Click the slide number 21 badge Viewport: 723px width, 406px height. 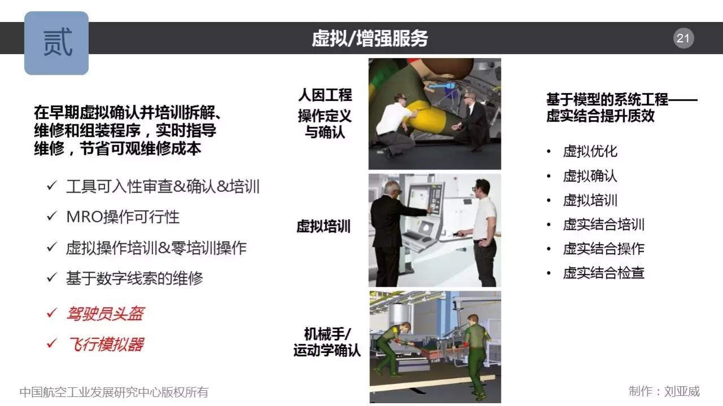(683, 38)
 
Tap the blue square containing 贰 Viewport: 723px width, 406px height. (56, 43)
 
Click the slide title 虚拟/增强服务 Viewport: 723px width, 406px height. (370, 38)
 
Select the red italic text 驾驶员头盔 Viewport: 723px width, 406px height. (105, 314)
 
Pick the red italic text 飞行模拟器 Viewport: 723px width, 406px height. (105, 344)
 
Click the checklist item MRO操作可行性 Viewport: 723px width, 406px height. (123, 217)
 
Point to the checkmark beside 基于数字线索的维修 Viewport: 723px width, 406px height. (52, 277)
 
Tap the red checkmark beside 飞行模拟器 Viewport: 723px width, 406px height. (52, 343)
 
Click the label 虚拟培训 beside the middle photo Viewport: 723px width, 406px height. (324, 226)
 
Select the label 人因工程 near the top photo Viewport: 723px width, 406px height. (325, 95)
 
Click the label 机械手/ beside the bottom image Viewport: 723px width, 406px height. (327, 334)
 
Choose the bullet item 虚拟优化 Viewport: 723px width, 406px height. (590, 151)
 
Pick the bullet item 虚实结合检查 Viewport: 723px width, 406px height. (604, 273)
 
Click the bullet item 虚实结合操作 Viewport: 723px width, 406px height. (604, 249)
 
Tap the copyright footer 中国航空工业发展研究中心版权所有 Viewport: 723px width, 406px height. (114, 392)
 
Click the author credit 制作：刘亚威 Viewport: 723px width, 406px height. (664, 391)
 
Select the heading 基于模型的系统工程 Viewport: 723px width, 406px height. (607, 100)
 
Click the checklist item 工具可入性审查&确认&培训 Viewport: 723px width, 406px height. (163, 186)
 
